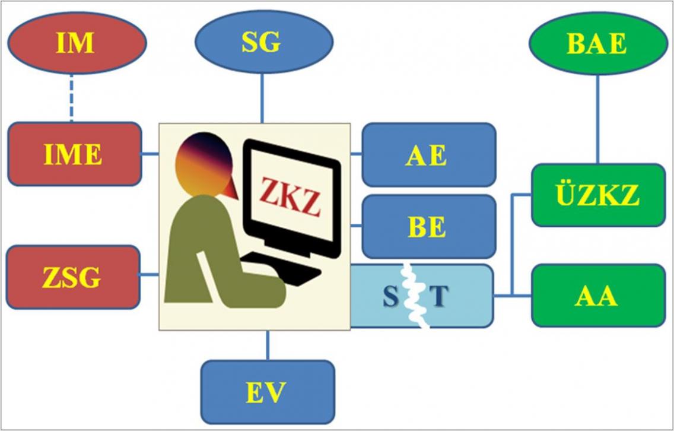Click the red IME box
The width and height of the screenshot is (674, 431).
click(74, 154)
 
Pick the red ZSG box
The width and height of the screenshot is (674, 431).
click(72, 277)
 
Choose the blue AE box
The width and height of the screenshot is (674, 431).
click(428, 154)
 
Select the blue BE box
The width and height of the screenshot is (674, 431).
click(428, 226)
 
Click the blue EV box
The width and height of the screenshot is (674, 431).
click(268, 391)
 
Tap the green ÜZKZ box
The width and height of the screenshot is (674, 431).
click(598, 195)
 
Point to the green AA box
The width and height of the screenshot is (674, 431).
click(598, 296)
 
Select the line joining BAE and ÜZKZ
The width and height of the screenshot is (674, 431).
click(597, 119)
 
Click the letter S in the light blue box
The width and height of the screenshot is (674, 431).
click(390, 296)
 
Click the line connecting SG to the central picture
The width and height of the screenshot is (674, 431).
click(262, 98)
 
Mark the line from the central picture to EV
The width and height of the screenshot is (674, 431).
click(268, 345)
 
